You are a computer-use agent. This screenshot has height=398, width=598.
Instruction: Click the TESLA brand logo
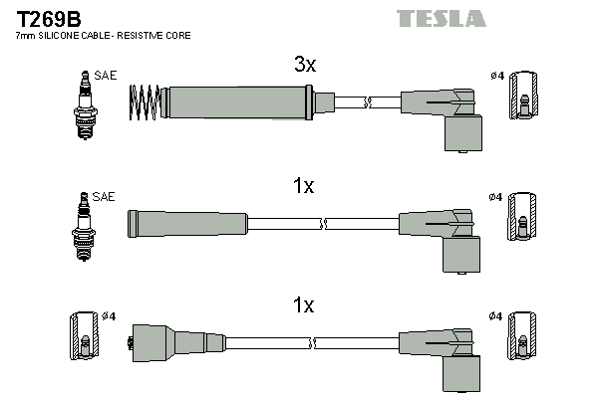click(441, 18)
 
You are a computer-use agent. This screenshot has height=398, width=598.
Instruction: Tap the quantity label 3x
click(304, 66)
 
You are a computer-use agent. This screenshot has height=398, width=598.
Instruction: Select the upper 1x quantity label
click(304, 186)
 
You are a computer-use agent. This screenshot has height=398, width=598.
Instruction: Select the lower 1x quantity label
click(304, 306)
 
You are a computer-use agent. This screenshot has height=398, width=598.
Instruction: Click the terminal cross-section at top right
click(524, 103)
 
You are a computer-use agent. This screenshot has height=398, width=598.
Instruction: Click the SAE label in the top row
click(105, 75)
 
